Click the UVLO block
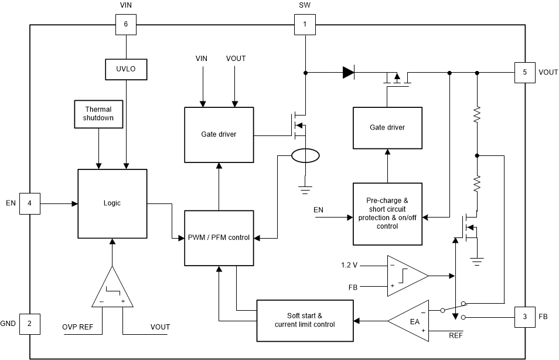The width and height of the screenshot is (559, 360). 126,69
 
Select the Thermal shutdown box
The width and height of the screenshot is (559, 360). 98,114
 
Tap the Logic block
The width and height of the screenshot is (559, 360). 112,203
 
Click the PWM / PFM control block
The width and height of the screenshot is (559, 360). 219,237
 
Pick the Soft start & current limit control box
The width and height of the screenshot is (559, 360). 305,320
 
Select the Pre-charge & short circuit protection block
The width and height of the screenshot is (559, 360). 387,213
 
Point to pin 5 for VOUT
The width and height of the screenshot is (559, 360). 524,72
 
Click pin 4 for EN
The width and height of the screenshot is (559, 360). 29,203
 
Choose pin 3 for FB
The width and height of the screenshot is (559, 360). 524,317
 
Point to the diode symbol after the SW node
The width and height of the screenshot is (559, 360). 348,73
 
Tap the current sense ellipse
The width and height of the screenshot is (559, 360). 305,157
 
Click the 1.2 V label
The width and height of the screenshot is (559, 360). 349,265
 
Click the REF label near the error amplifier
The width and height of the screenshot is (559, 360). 455,336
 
